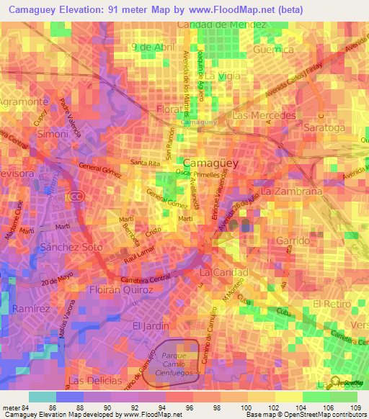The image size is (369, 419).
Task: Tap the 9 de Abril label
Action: point(154,47)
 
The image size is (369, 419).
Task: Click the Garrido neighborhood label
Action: point(293,240)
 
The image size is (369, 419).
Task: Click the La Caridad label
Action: point(223,274)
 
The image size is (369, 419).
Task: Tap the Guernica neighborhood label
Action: point(273,50)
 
